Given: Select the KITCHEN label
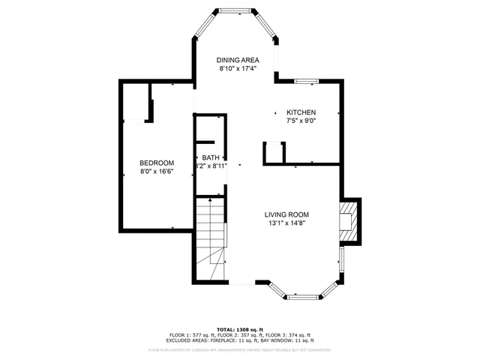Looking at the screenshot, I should (x=300, y=112).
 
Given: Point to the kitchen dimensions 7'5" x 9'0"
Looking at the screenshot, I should (x=300, y=121).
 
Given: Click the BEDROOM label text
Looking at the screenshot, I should (x=157, y=163).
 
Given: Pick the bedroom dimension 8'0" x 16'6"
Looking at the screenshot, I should (x=157, y=172).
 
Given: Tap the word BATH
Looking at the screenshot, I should (x=210, y=157).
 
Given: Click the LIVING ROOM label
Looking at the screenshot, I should (x=289, y=214).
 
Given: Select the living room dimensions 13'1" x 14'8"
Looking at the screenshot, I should (x=289, y=223).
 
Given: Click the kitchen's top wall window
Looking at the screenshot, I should (x=306, y=80).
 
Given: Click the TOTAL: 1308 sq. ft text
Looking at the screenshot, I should (x=239, y=329).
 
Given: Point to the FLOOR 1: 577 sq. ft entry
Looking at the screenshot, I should (x=192, y=335).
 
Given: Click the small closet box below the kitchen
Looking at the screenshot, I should (x=274, y=152).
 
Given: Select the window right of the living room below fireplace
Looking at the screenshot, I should (x=341, y=259).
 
